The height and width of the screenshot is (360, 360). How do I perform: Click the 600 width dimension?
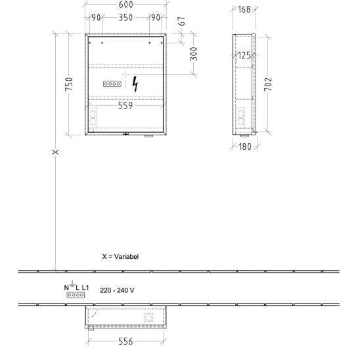click(126, 5)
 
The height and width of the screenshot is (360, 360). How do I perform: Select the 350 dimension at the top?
click(125, 18)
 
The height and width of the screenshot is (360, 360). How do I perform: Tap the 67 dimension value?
click(181, 21)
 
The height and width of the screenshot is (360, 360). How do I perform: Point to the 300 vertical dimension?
click(194, 54)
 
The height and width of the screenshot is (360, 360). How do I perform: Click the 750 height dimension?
click(69, 84)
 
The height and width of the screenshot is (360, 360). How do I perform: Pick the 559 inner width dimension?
click(125, 105)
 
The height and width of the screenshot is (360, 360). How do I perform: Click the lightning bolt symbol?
click(135, 84)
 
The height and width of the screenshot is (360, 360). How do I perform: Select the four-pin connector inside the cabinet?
click(112, 84)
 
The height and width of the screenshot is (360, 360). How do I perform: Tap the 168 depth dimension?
click(244, 9)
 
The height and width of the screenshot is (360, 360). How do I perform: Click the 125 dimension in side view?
click(244, 55)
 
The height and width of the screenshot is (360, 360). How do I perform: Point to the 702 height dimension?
click(268, 84)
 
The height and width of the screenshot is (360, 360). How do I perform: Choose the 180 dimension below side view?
click(245, 146)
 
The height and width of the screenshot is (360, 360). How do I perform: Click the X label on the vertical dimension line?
click(55, 152)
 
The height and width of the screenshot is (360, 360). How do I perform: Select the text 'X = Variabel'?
click(120, 256)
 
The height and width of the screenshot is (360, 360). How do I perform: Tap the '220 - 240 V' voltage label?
click(117, 290)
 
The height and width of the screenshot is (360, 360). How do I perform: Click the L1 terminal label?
click(85, 288)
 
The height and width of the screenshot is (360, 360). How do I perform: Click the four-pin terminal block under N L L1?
click(76, 295)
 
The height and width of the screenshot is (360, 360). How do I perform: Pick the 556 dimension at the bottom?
click(125, 342)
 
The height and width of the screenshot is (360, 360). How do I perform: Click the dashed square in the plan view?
click(148, 317)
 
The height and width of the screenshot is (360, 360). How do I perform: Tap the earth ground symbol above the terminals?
click(72, 284)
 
